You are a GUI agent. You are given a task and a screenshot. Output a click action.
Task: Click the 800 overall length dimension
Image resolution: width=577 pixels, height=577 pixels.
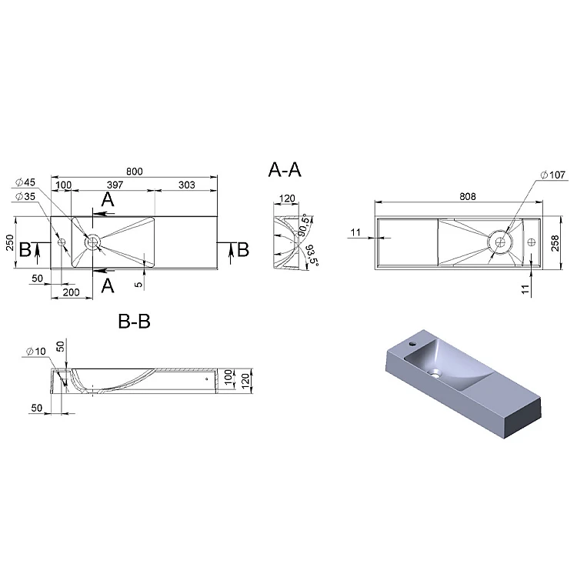pyautogui.click(x=135, y=172)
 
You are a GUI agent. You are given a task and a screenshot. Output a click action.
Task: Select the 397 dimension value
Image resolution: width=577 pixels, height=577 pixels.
pyautogui.click(x=115, y=185)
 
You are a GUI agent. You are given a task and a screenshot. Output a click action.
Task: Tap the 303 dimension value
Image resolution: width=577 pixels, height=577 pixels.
pyautogui.click(x=187, y=185)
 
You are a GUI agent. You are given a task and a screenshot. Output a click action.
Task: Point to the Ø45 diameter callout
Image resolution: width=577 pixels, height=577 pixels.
pyautogui.click(x=25, y=182)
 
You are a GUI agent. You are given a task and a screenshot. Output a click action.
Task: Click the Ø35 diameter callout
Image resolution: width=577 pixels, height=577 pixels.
pyautogui.click(x=25, y=196)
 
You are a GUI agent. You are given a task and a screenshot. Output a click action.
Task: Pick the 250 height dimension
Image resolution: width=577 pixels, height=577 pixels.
pyautogui.click(x=10, y=242)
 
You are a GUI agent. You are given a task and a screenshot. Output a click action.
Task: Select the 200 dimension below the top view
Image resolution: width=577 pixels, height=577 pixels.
pyautogui.click(x=71, y=292)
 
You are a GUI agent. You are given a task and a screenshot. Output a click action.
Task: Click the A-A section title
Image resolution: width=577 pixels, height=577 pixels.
pyautogui.click(x=285, y=170)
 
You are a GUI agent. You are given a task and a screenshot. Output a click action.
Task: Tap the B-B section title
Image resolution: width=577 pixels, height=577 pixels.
pyautogui.click(x=135, y=322)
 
